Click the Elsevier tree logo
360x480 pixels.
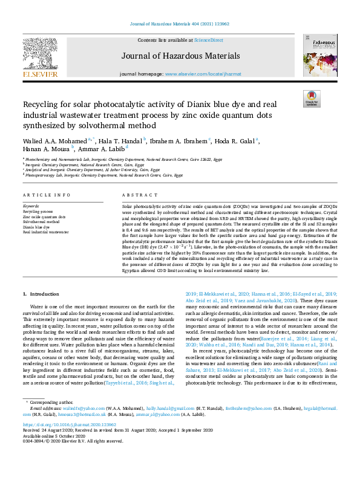pos(41,57)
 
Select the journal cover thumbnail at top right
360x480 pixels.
pos(317,57)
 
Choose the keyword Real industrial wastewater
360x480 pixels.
pos(45,232)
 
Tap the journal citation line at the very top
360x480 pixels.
pos(180,24)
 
